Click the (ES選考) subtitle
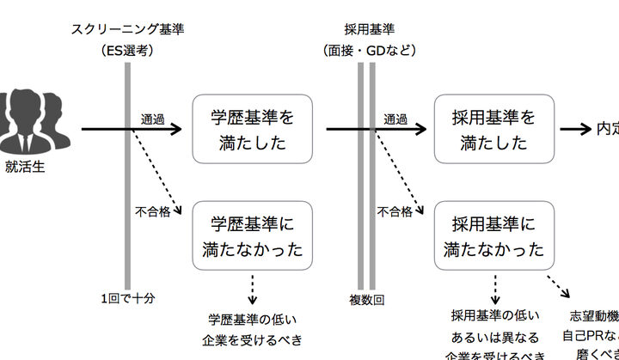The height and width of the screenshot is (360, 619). click(x=127, y=51)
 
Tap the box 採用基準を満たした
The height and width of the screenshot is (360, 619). click(x=493, y=130)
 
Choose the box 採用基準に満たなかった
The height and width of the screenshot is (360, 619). click(x=493, y=236)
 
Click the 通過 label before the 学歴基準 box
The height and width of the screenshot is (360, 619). click(x=153, y=118)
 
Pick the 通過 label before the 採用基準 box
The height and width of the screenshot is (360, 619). click(x=396, y=118)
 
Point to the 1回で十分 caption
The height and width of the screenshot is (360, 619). click(x=127, y=299)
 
